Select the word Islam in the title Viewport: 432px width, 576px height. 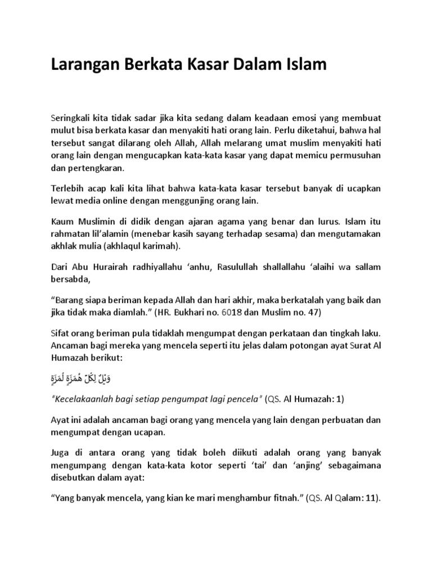click(305, 65)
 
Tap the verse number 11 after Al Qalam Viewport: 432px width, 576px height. click(370, 498)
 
